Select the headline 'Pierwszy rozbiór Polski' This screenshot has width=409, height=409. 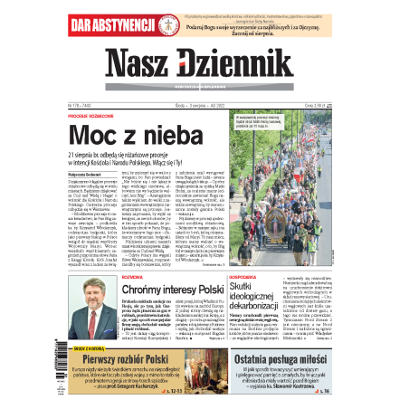[x=128, y=361]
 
